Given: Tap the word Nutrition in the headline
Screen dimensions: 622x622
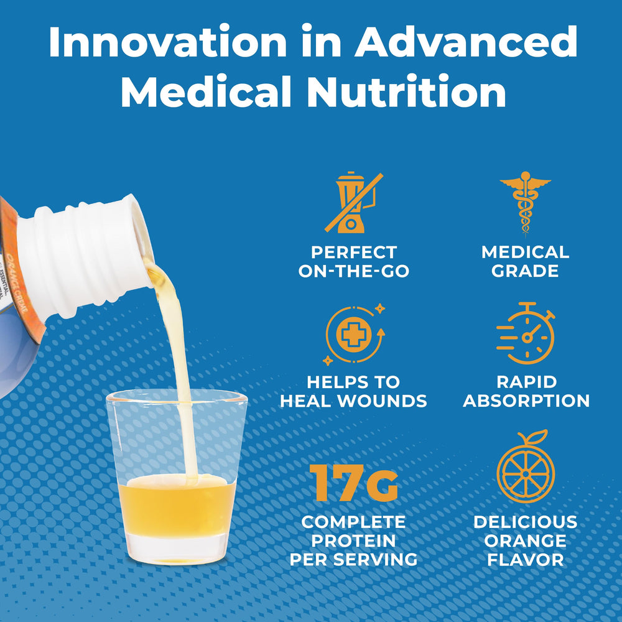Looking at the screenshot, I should pos(406,92).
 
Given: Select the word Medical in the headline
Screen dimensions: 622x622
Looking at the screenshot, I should pos(206,92).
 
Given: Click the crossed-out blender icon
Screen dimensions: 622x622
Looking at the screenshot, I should pos(353,203).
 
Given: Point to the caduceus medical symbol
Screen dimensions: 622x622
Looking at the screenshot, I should pos(525,203).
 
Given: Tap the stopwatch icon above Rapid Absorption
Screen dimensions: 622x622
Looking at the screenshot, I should pos(526,333).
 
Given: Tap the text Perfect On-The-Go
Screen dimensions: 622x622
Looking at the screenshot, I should pos(353,262).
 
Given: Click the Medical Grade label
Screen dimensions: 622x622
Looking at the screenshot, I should pos(525,262).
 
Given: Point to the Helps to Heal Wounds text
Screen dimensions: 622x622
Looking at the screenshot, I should pos(353,391).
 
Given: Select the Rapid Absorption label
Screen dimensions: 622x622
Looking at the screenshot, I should pos(526,391).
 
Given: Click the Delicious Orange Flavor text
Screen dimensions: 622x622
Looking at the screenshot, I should pos(525,540).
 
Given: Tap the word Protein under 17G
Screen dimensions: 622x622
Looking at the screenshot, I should pos(353,540).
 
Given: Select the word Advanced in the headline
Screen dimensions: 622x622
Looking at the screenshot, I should pos(466,44).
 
